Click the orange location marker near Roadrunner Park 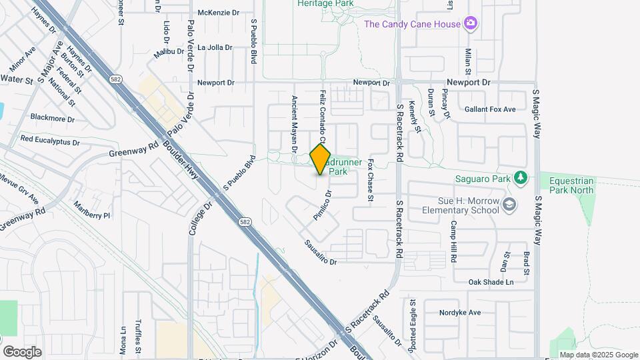[x=321, y=159]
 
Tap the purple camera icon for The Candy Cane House [x=471, y=24]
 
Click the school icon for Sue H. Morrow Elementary [x=510, y=205]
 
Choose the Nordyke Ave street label [x=460, y=312]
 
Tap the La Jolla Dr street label [x=215, y=48]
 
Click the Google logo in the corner [x=22, y=351]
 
